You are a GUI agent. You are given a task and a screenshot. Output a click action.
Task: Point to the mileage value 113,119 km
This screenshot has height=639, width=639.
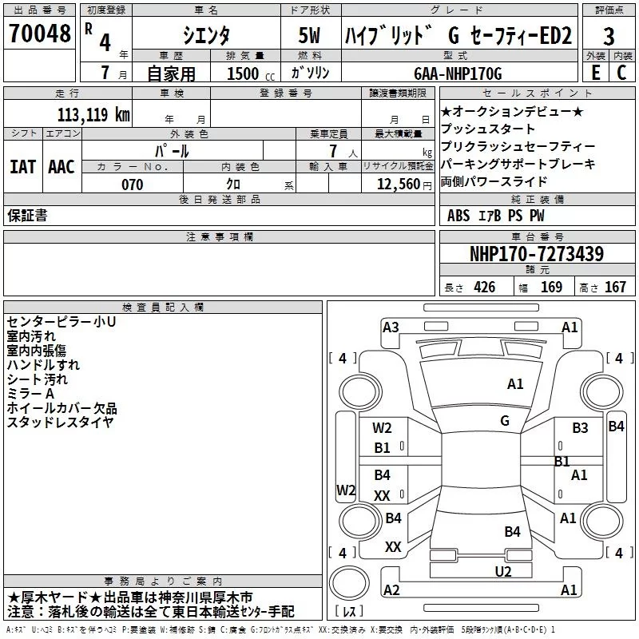[93, 114]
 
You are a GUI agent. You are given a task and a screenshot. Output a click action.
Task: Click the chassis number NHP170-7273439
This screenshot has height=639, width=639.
[536, 254]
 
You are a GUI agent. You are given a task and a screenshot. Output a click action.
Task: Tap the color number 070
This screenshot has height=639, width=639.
[132, 185]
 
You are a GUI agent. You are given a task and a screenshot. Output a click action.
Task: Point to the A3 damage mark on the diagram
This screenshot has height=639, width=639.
[391, 327]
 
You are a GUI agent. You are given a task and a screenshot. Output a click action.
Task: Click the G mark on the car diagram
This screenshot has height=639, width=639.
[505, 420]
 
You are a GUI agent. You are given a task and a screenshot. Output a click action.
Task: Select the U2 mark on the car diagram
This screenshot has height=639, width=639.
[502, 570]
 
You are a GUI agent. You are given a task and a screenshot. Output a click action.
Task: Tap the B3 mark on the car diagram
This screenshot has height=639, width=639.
[580, 428]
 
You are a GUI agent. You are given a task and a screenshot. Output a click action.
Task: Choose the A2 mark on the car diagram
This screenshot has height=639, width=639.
[391, 589]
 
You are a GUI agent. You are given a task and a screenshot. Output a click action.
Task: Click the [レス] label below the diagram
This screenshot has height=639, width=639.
[349, 612]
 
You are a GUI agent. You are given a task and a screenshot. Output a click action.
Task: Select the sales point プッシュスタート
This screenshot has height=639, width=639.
[488, 129]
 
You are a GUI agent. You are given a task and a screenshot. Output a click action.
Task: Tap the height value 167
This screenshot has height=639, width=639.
[615, 288]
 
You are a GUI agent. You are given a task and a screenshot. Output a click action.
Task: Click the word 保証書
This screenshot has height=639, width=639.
[26, 215]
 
